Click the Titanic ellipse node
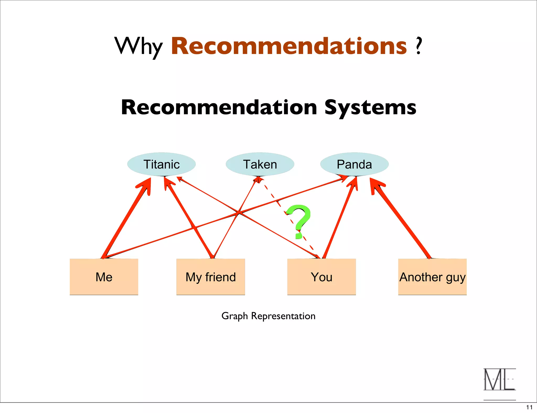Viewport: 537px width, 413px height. tap(162, 164)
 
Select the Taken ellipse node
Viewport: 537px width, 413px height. tap(260, 164)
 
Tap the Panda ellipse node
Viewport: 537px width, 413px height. tap(354, 164)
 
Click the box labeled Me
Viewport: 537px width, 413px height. tap(104, 277)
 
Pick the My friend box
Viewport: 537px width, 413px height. tap(211, 277)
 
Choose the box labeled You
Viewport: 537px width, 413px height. tap(321, 277)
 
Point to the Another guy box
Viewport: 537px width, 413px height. tap(432, 277)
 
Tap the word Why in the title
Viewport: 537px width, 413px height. tap(138, 47)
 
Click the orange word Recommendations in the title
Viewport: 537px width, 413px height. tap(289, 46)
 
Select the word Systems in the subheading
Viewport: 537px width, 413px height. tap(370, 107)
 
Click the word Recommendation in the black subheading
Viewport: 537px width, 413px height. tap(219, 107)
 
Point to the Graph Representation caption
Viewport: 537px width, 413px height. tap(268, 316)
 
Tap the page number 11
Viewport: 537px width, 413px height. tap(529, 407)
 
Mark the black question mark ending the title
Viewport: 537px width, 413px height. tap(419, 46)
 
